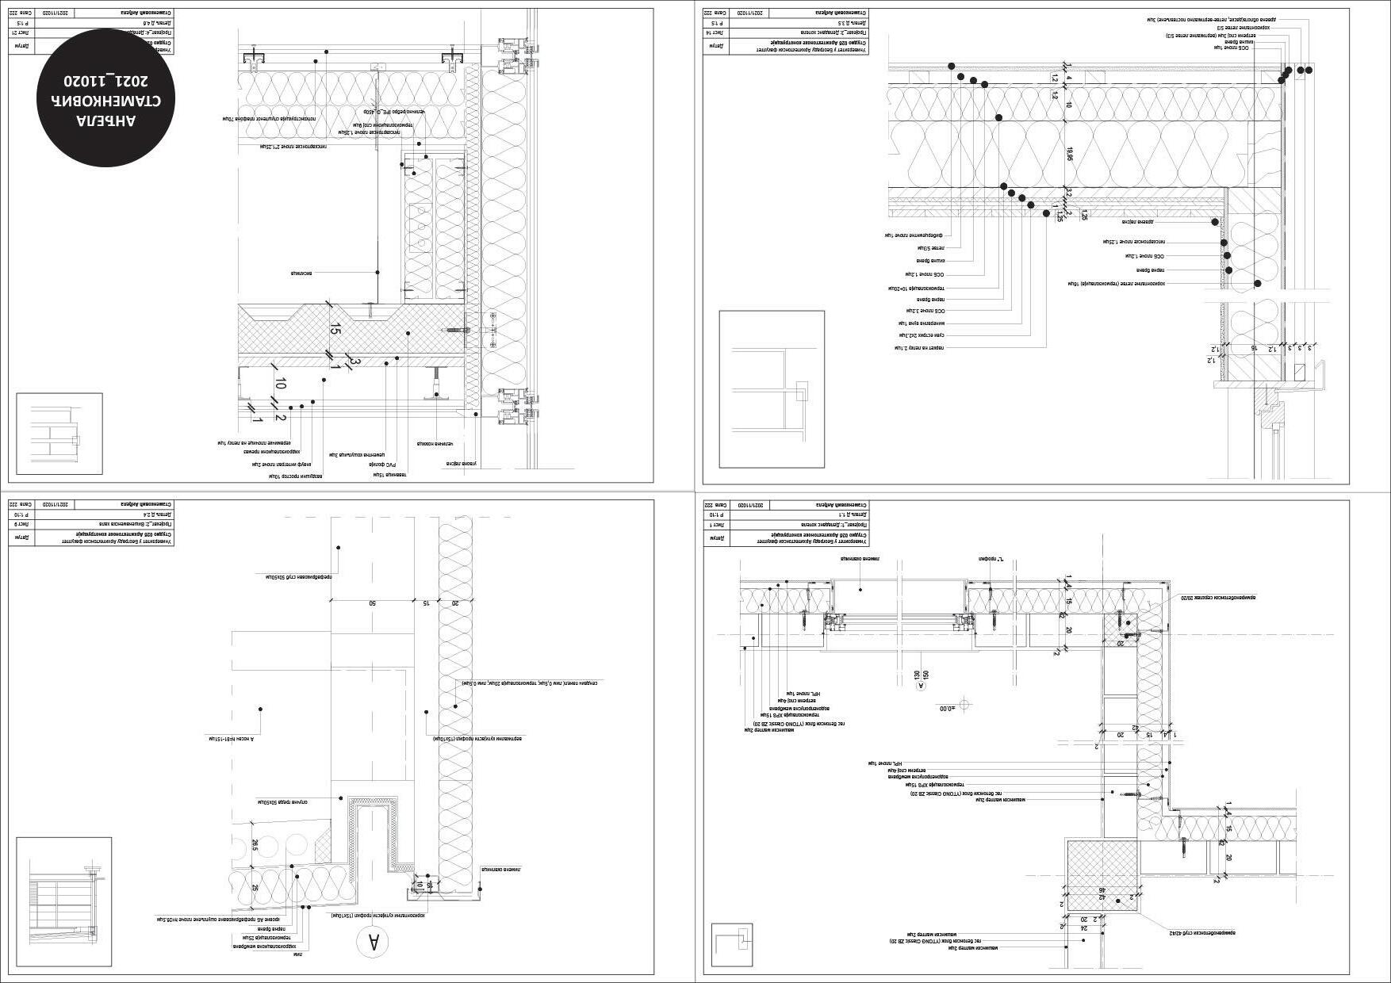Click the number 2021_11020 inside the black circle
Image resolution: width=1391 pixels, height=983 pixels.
tap(106, 81)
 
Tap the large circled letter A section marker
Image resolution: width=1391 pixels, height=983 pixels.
tap(371, 942)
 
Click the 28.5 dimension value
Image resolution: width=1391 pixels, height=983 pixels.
tap(255, 846)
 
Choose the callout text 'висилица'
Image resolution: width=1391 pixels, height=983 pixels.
tap(301, 273)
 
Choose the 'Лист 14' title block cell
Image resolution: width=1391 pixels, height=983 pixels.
tap(716, 33)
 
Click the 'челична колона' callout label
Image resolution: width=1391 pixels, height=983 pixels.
tap(429, 444)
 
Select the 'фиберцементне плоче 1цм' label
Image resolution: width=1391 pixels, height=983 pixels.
tap(912, 235)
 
